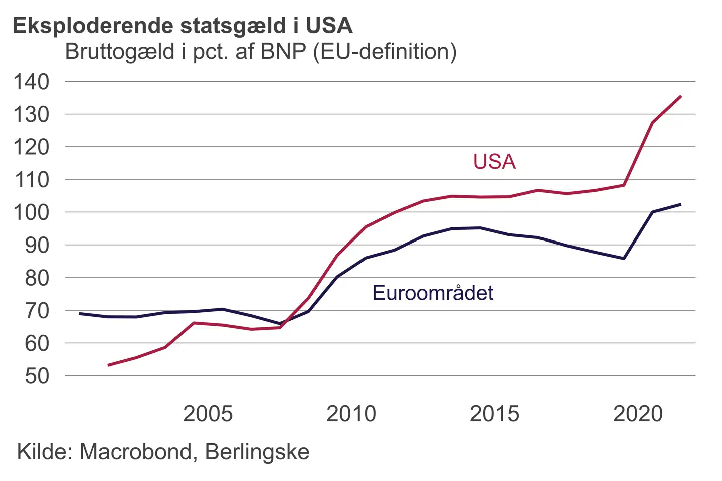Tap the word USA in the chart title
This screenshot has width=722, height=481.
329,26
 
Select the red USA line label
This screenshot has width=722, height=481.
494,162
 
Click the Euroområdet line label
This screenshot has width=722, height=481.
433,293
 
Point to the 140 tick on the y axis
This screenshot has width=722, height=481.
31,82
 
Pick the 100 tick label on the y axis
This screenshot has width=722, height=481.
31,212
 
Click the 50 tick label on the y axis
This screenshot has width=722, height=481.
37,376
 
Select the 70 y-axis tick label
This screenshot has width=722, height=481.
37,311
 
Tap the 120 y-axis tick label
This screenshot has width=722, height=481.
31,147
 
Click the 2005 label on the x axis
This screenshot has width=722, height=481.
208,414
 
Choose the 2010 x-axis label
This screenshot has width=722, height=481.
351,414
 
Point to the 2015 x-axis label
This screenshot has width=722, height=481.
494,414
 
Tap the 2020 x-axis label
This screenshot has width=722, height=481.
638,414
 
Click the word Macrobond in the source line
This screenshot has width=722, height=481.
135,452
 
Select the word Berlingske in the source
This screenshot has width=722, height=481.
257,452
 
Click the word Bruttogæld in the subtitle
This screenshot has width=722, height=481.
120,52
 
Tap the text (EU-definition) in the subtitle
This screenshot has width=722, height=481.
385,52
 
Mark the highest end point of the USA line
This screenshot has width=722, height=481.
680,96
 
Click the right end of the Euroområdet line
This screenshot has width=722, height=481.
680,204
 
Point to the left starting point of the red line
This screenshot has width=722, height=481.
108,365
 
